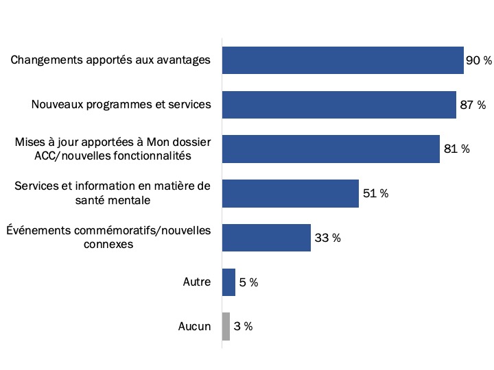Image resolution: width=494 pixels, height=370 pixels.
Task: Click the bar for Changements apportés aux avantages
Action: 343,60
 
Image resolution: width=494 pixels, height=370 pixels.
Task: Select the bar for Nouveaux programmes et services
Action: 339,105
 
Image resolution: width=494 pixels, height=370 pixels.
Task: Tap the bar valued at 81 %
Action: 331,149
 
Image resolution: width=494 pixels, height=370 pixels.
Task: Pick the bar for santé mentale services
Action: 290,193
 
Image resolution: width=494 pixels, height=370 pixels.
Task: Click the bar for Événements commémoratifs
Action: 266,238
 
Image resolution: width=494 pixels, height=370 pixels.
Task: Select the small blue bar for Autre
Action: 228,282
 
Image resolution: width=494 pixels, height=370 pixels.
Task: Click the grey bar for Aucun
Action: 226,326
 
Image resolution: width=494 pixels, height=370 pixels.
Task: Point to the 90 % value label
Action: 479,60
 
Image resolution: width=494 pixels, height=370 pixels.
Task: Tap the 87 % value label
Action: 472,105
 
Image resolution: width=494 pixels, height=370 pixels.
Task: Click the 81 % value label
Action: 456,149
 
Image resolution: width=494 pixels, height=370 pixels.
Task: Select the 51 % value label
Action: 375,193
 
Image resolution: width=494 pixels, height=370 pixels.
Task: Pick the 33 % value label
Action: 327,238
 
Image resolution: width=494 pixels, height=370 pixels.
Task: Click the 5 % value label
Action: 248,282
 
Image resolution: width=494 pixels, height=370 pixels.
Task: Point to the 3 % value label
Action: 243,326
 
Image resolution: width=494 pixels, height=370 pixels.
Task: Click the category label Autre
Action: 196,282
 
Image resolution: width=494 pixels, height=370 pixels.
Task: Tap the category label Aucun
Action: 194,326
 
